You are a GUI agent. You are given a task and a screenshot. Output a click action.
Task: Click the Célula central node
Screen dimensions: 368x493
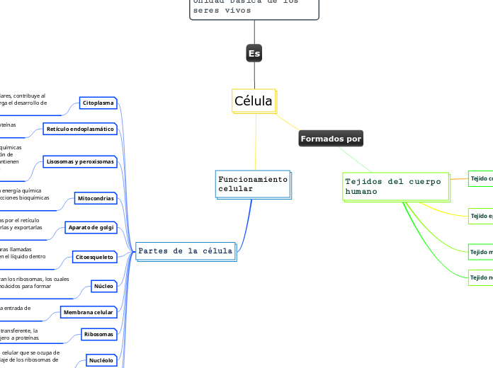click(x=254, y=101)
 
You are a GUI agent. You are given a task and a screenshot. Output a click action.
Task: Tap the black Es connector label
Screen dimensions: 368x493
click(x=254, y=53)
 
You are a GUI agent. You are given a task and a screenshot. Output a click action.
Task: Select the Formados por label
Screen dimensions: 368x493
click(x=331, y=139)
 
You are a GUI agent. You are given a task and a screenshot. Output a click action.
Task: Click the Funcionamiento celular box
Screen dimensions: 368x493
click(x=253, y=184)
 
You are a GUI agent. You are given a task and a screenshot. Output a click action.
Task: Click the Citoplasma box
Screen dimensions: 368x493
click(x=98, y=103)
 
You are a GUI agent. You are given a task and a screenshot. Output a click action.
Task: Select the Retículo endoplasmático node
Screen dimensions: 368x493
click(x=79, y=129)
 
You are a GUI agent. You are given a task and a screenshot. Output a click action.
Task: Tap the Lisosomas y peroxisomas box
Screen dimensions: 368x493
click(x=79, y=161)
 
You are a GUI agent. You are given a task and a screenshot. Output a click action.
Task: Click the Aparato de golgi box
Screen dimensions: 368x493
click(x=90, y=227)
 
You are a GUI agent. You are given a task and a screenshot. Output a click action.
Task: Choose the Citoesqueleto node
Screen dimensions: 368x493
click(x=93, y=257)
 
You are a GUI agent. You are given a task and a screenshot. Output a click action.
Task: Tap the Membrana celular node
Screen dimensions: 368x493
click(x=88, y=312)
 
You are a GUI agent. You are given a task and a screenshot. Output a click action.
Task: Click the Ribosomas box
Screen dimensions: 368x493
click(x=98, y=334)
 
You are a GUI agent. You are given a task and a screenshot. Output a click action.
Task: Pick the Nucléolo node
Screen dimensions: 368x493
click(x=100, y=360)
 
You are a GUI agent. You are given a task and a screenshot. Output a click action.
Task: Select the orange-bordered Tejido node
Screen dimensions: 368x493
click(x=481, y=178)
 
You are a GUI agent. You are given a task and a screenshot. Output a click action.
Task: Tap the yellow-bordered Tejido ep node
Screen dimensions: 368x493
click(x=481, y=215)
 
